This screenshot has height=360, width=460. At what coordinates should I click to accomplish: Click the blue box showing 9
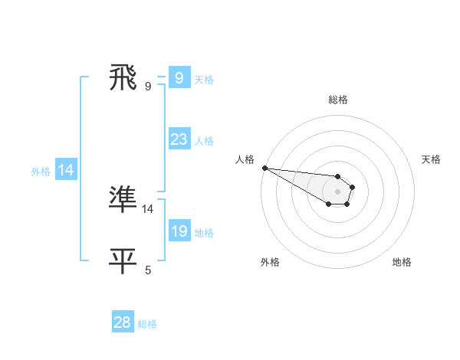coord(179,77)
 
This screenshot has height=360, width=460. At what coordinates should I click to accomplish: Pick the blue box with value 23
coord(179,139)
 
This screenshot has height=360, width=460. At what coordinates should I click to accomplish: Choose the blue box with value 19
coord(179,231)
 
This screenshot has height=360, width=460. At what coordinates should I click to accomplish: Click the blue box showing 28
coord(123,322)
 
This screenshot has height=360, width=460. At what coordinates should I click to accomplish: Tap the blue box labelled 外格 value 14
coord(66,171)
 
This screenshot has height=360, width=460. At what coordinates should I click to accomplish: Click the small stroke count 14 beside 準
coord(148,208)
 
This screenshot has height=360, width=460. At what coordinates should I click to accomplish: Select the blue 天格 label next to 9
coord(204,79)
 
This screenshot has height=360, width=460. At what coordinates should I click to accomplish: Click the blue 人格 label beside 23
coord(204,141)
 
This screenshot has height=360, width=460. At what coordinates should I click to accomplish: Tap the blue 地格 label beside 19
coord(204,233)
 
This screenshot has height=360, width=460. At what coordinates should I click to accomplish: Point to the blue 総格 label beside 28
coord(147,324)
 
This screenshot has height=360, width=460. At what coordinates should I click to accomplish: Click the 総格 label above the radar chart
coord(338,100)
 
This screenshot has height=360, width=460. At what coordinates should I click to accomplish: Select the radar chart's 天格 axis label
coord(432,159)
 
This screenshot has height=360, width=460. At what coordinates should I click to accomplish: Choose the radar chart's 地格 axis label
coord(402,262)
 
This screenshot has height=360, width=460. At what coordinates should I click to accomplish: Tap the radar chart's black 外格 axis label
coord(270,262)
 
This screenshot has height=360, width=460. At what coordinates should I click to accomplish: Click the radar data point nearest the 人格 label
coord(264,168)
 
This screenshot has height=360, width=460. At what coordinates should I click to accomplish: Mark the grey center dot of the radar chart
coord(338,191)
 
